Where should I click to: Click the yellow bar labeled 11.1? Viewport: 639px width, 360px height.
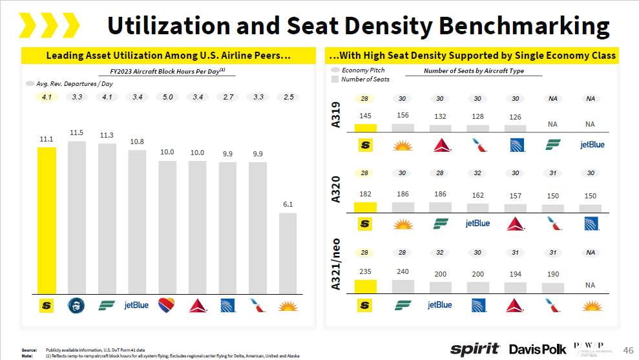coord(47,220)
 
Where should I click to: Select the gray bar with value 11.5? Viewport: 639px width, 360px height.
coord(77,217)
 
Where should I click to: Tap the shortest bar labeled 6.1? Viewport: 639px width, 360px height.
coord(288,253)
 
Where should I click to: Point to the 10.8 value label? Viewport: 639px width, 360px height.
coord(137,141)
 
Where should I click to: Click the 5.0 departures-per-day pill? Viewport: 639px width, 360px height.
coord(167,97)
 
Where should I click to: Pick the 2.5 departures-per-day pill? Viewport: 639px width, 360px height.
coord(288,97)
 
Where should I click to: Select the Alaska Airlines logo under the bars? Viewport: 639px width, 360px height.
coord(77,304)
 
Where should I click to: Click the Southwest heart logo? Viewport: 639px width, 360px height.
coord(167,304)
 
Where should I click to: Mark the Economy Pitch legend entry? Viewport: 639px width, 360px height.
coord(362,70)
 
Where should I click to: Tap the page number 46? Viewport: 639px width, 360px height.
coord(627,349)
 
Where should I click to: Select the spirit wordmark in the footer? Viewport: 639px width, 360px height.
coord(475,349)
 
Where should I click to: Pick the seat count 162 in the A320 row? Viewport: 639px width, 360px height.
coord(477,195)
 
